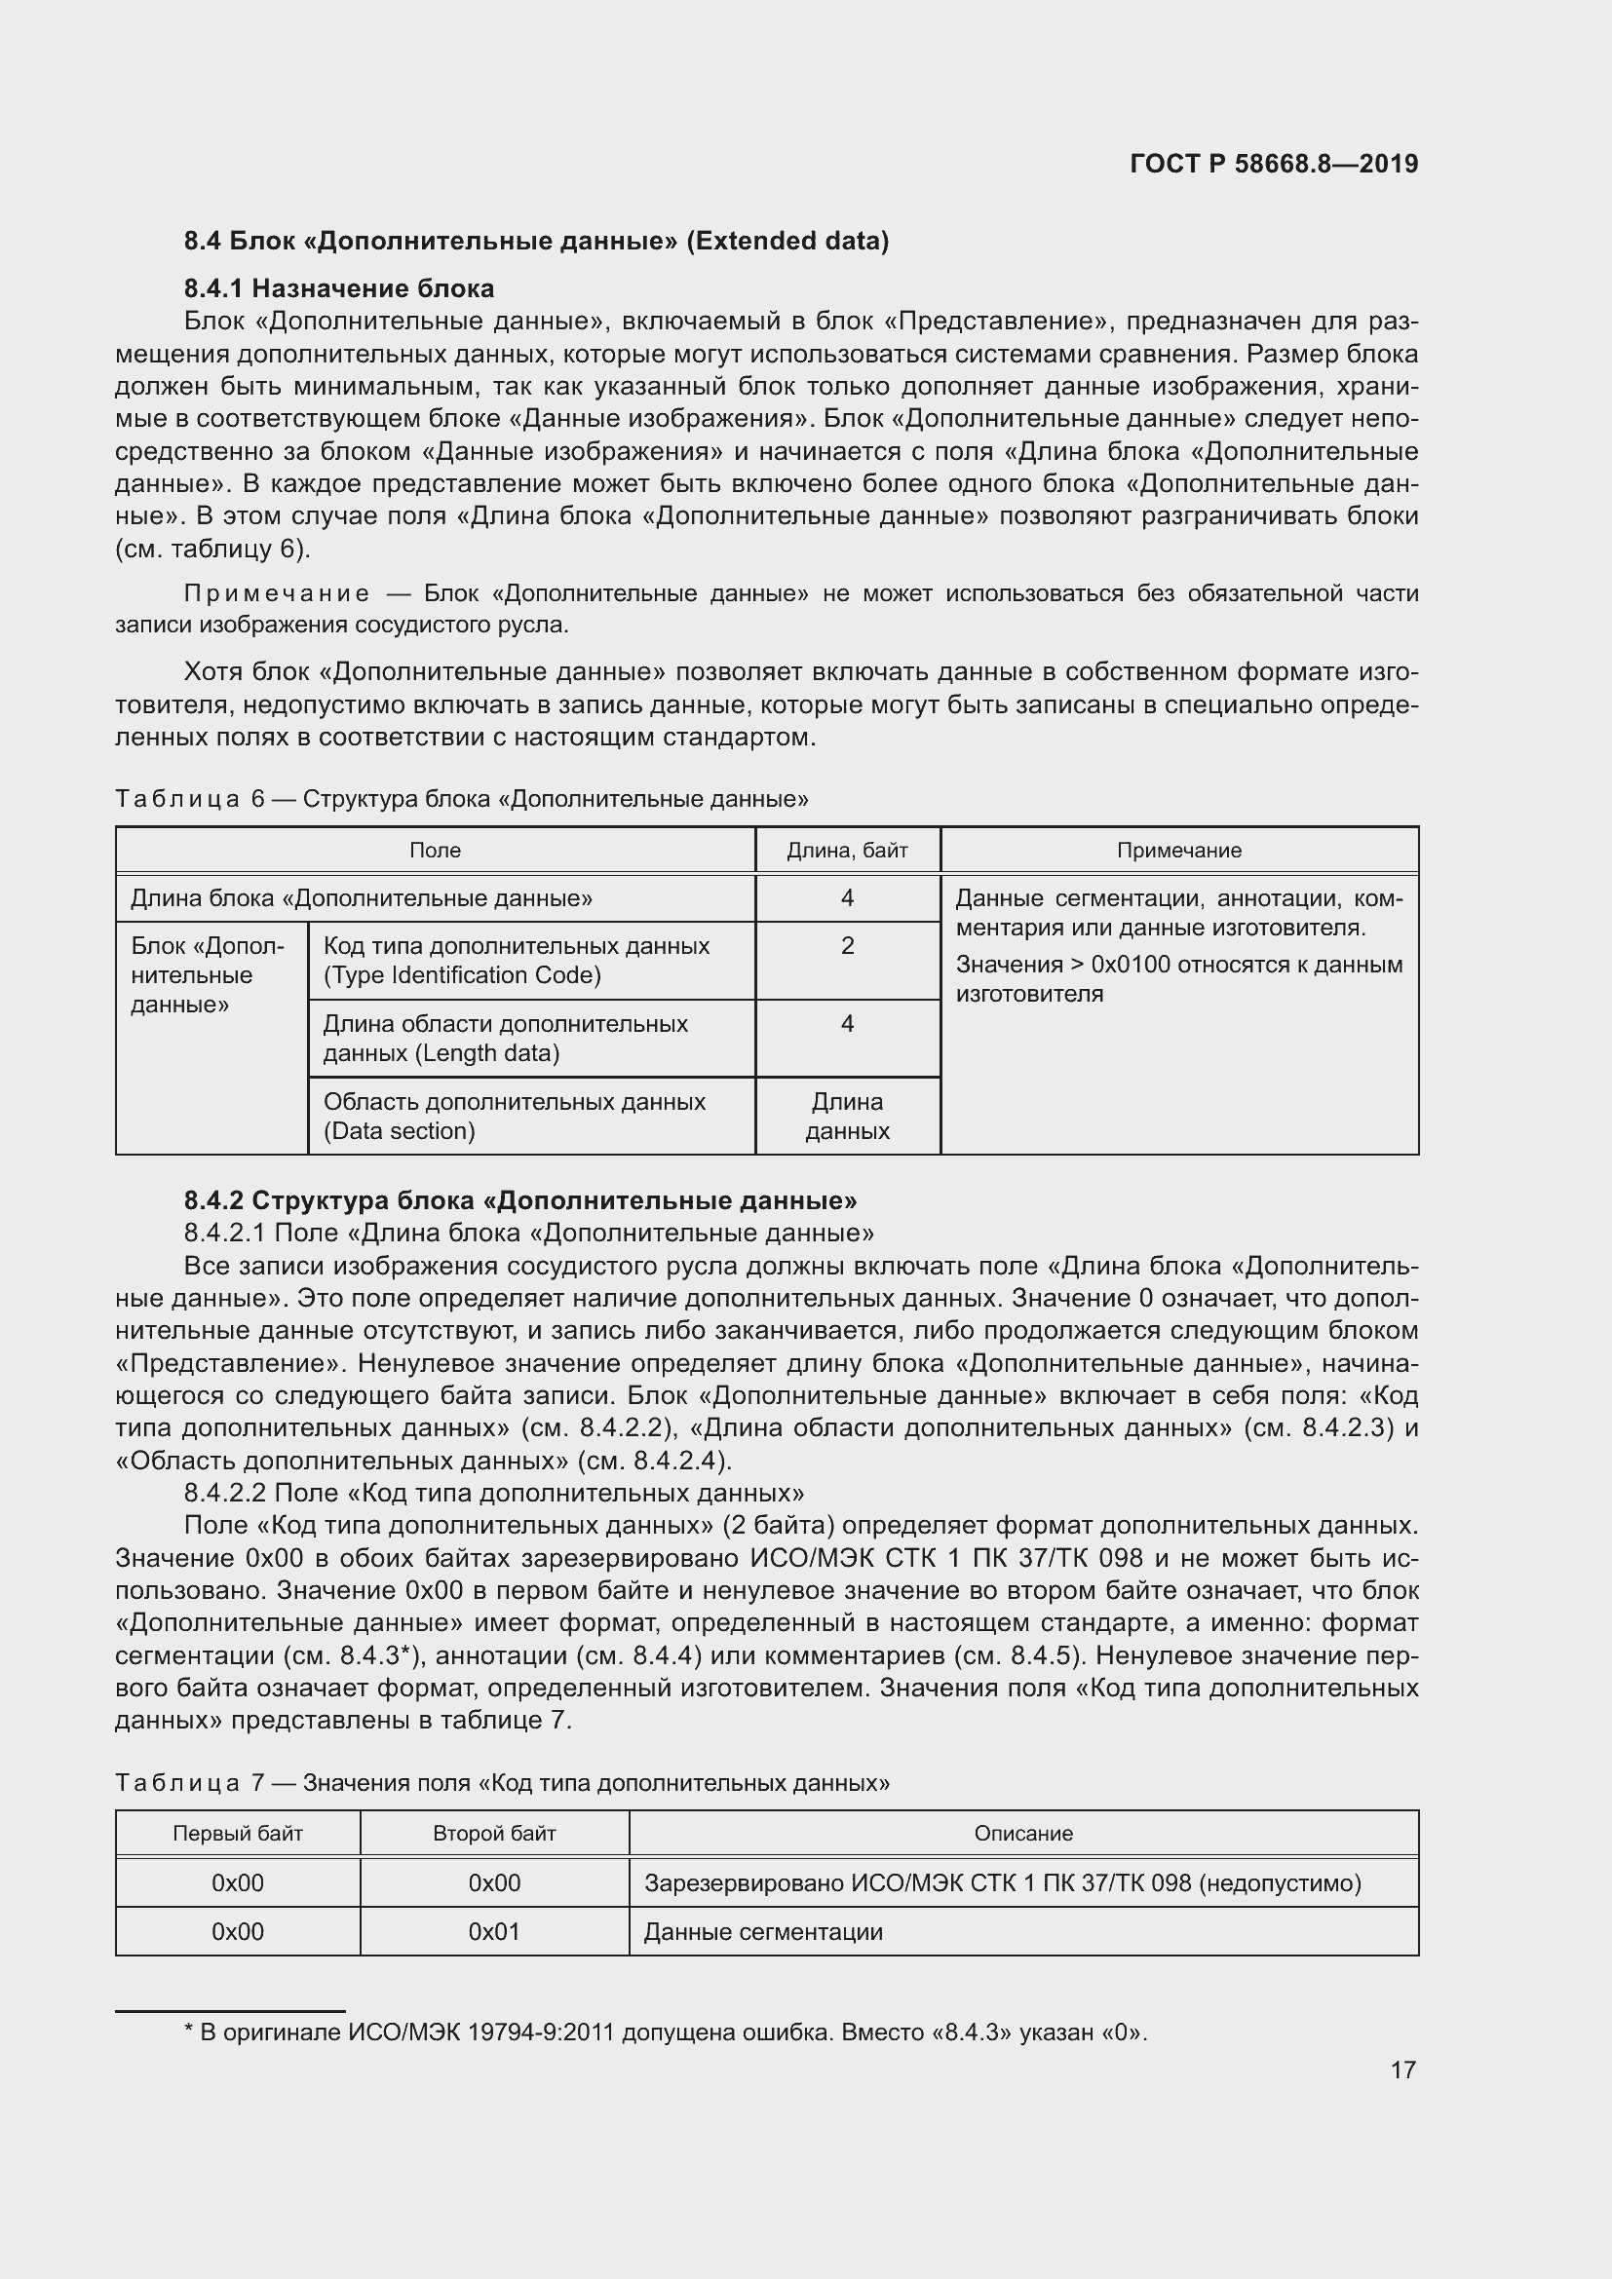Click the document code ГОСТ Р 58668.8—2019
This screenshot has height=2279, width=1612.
click(1274, 164)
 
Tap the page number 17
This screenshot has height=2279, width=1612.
click(1402, 2070)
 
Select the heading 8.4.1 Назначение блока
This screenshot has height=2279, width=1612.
click(338, 288)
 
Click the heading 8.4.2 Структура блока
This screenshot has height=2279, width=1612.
click(520, 1200)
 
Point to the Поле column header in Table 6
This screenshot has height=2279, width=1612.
click(435, 851)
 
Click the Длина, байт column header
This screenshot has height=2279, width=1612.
click(847, 851)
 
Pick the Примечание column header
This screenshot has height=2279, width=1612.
click(1178, 851)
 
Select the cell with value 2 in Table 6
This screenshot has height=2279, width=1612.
click(847, 946)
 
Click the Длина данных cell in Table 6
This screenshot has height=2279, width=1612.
click(847, 1116)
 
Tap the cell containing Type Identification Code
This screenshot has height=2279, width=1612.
click(517, 961)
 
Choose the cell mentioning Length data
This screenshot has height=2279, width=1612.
click(506, 1039)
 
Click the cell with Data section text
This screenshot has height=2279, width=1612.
click(515, 1116)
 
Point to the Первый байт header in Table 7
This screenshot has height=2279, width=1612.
click(237, 1834)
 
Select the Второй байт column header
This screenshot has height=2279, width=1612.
click(493, 1834)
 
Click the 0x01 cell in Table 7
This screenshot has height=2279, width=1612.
click(493, 1931)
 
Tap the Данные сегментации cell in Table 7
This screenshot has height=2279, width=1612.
click(763, 1931)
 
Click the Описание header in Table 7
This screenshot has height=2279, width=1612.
click(1022, 1834)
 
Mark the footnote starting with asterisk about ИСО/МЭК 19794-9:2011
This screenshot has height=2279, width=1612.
click(665, 2032)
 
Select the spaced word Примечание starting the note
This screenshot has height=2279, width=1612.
click(277, 593)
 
